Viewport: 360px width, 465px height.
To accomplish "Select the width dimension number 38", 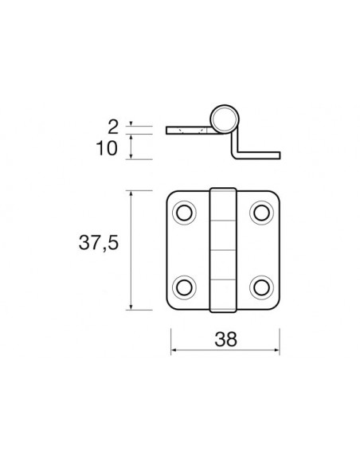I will [225, 340].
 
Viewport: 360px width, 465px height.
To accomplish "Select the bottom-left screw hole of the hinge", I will [186, 286].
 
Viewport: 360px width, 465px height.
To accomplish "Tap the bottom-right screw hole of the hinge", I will [262, 286].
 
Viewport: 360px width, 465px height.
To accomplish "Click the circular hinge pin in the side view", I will [225, 120].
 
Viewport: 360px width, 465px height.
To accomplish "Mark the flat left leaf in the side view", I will [188, 130].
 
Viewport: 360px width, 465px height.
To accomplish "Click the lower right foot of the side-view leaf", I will [260, 154].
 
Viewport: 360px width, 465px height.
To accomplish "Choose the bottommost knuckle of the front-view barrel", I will [224, 294].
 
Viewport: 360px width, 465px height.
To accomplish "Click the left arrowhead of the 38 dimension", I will [174, 351].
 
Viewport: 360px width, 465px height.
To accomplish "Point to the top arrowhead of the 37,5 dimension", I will [130, 193].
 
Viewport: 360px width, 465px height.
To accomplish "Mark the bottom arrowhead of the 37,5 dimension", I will [130, 307].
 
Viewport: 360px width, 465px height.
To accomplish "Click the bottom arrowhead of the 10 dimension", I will [130, 158].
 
